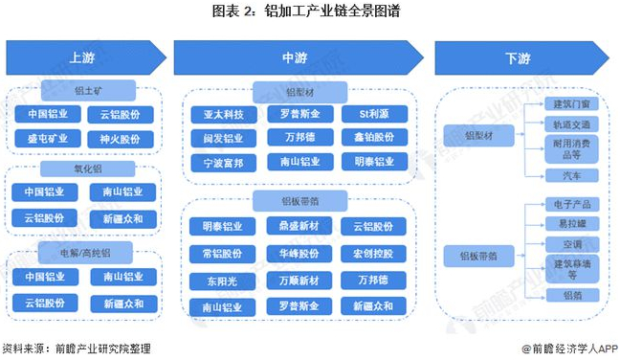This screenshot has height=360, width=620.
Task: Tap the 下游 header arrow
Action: (x=517, y=58)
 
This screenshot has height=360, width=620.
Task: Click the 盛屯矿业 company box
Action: (x=44, y=139)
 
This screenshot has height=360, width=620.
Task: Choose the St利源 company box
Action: (x=369, y=115)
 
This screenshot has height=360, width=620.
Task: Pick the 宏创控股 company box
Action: (x=369, y=255)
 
